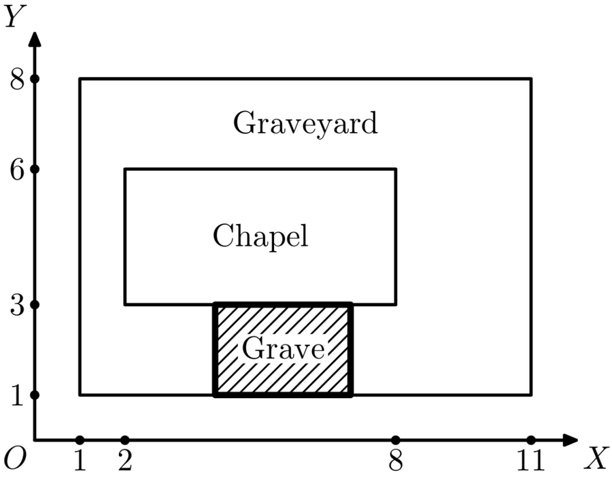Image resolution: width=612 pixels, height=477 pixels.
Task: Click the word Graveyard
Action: pyautogui.click(x=305, y=123)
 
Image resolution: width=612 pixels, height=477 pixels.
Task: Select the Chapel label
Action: pyautogui.click(x=260, y=236)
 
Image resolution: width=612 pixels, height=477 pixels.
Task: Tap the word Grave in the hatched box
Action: pyautogui.click(x=283, y=348)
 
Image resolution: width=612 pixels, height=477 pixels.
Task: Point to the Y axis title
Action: pyautogui.click(x=15, y=16)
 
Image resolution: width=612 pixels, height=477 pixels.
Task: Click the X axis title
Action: pyautogui.click(x=596, y=458)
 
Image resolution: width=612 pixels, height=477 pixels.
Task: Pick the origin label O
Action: pyautogui.click(x=15, y=458)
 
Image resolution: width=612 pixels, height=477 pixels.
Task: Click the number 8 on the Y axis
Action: pyautogui.click(x=17, y=80)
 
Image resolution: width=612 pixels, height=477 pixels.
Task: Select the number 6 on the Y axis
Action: pyautogui.click(x=17, y=170)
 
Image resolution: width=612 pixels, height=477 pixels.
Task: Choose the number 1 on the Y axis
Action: pyautogui.click(x=17, y=395)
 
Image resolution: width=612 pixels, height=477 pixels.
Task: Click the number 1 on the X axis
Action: pyautogui.click(x=80, y=460)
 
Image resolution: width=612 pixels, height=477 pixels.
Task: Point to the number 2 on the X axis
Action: pyautogui.click(x=125, y=460)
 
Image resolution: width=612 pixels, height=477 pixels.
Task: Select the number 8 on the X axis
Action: pyautogui.click(x=395, y=460)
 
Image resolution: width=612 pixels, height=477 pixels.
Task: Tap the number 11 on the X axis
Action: pyautogui.click(x=530, y=460)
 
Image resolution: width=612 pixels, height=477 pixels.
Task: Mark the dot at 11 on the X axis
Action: pyautogui.click(x=531, y=440)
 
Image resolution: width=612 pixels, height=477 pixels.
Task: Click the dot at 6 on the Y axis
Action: pyautogui.click(x=35, y=169)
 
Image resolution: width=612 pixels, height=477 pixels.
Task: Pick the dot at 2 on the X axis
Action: pyautogui.click(x=125, y=440)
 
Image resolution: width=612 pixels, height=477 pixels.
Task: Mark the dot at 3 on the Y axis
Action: pyautogui.click(x=35, y=305)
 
